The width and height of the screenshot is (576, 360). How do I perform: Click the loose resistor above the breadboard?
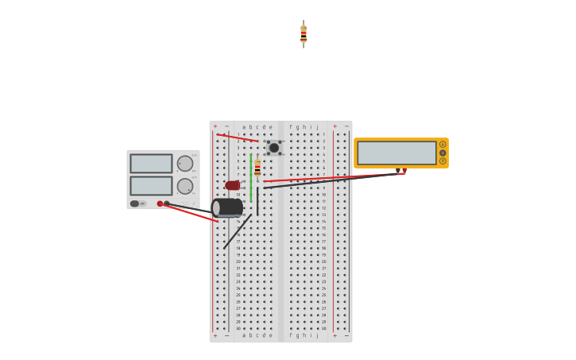click(x=303, y=33)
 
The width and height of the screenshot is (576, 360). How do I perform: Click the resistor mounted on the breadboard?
click(x=257, y=168)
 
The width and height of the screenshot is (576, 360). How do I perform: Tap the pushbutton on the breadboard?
click(x=274, y=148)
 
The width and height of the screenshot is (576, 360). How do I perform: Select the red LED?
click(x=232, y=185)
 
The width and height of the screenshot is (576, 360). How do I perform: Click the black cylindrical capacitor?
click(x=228, y=207)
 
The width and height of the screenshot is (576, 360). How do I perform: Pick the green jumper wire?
click(x=251, y=176)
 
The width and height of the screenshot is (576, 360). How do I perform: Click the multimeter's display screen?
click(x=396, y=153)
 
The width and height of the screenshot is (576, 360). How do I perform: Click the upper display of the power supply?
click(x=151, y=164)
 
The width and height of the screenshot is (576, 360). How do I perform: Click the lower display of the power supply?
click(x=151, y=185)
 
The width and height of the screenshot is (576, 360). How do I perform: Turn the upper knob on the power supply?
click(x=185, y=164)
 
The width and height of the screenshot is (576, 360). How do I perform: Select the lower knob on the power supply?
click(x=185, y=186)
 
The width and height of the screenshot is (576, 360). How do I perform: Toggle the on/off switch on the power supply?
click(x=135, y=203)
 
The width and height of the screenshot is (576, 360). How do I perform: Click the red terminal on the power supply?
click(x=160, y=203)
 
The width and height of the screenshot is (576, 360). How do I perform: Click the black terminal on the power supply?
click(x=167, y=203)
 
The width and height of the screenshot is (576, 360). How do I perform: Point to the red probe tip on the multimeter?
click(x=404, y=171)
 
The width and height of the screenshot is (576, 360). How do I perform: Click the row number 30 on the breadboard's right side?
click(x=324, y=328)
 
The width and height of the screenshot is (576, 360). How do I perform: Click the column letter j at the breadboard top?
click(x=317, y=127)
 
